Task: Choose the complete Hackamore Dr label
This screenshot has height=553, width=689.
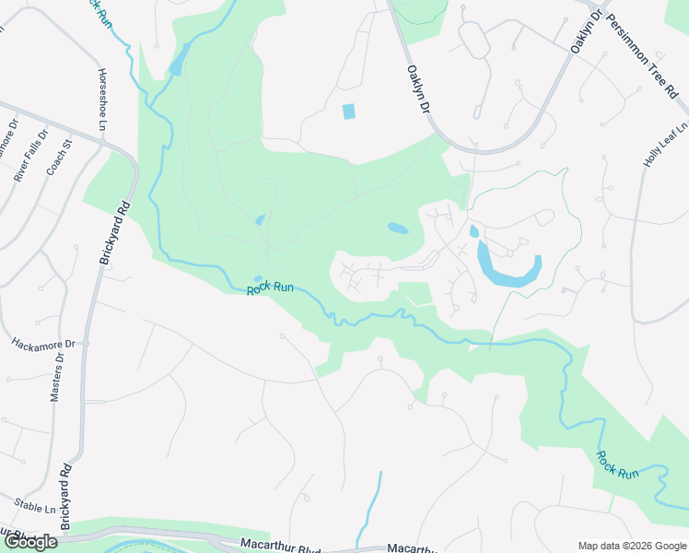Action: (41, 343)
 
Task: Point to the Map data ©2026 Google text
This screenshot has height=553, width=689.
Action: (631, 546)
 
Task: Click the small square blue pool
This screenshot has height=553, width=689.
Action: (348, 112)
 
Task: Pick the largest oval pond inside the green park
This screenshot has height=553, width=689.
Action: (398, 228)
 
